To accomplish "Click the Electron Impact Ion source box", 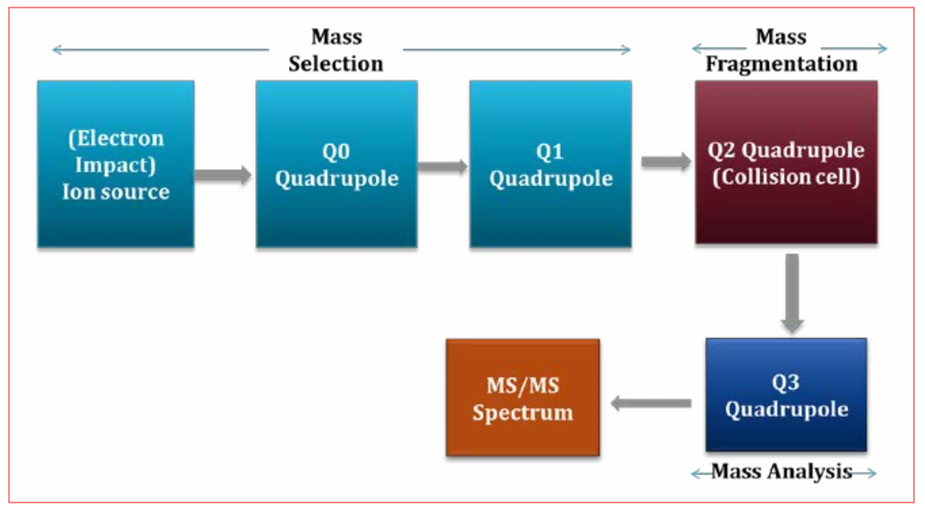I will [116, 164].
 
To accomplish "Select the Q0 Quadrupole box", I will [336, 164].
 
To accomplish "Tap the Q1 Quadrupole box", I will [550, 164].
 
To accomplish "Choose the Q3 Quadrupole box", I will [786, 394].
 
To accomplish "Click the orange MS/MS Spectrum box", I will [523, 398].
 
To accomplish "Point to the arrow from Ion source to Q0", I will [223, 175].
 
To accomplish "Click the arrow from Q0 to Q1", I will [443, 166].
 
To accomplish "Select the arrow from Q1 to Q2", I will [665, 162].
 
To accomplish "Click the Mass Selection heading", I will [336, 50].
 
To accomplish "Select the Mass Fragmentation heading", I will [781, 51].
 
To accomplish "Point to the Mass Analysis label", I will [782, 472].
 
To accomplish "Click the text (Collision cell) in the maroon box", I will [786, 177].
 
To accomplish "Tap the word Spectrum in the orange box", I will [523, 413].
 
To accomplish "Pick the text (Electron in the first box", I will [116, 139].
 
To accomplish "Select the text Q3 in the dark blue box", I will [786, 382].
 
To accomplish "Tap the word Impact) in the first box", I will [116, 165].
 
